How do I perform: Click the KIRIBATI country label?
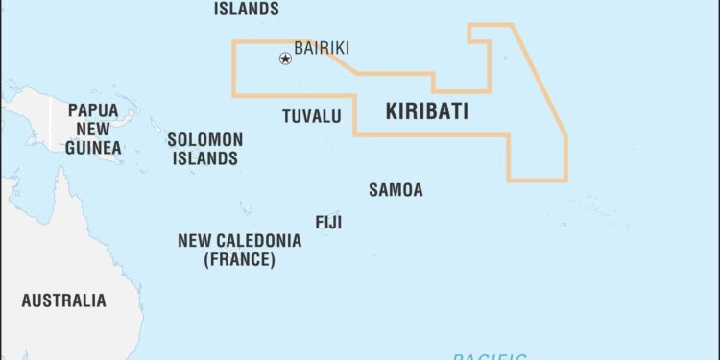coord(427,111)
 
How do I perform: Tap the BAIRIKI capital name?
coord(322,48)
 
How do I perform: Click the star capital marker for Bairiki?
coord(285,59)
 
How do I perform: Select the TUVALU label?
coord(311,116)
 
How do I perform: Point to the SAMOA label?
coord(396,190)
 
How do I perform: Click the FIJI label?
coord(328,223)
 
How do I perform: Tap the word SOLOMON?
coord(205,140)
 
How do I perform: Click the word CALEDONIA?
coord(256,240)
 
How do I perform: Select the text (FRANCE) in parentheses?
coord(239,259)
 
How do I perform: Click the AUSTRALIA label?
coord(63,300)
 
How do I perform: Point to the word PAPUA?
coord(93,111)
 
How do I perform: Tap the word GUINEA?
coord(93,148)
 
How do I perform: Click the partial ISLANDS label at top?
coord(247,9)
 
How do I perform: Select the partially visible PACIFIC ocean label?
coord(490,356)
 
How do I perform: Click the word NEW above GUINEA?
coord(93,130)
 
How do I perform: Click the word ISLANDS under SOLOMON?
coord(205,158)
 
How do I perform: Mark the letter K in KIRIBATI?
coord(392,111)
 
